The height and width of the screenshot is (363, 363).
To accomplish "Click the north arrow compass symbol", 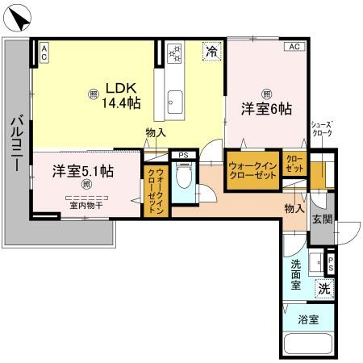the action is [18, 19].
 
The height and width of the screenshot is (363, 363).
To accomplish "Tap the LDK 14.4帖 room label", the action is [121, 95].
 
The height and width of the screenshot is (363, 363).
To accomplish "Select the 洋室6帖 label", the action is [266, 109].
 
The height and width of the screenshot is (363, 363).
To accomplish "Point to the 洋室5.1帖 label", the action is [83, 171].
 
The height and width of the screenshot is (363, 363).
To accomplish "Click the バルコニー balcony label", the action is [17, 143].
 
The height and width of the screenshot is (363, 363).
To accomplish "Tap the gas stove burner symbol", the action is [174, 53].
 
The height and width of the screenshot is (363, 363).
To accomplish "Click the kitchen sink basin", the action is [175, 102].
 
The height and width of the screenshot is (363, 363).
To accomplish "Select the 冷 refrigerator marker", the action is [212, 52].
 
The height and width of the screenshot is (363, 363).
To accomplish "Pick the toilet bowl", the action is [184, 175].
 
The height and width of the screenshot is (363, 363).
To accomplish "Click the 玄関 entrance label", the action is [322, 219].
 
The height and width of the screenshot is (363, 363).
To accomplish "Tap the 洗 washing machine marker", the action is [324, 289].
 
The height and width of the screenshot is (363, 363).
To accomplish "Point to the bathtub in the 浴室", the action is [308, 344].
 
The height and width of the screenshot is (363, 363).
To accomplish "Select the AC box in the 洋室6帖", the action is [294, 47].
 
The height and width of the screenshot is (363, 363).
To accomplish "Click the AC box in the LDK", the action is [44, 52].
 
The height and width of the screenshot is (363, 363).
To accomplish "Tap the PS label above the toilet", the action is [184, 155].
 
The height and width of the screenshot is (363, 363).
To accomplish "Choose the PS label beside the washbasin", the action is [331, 265].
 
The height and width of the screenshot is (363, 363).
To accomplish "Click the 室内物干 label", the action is [86, 206].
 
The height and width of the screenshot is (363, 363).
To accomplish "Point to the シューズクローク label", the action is [322, 129].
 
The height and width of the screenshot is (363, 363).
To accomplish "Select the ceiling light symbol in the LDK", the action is [94, 94].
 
